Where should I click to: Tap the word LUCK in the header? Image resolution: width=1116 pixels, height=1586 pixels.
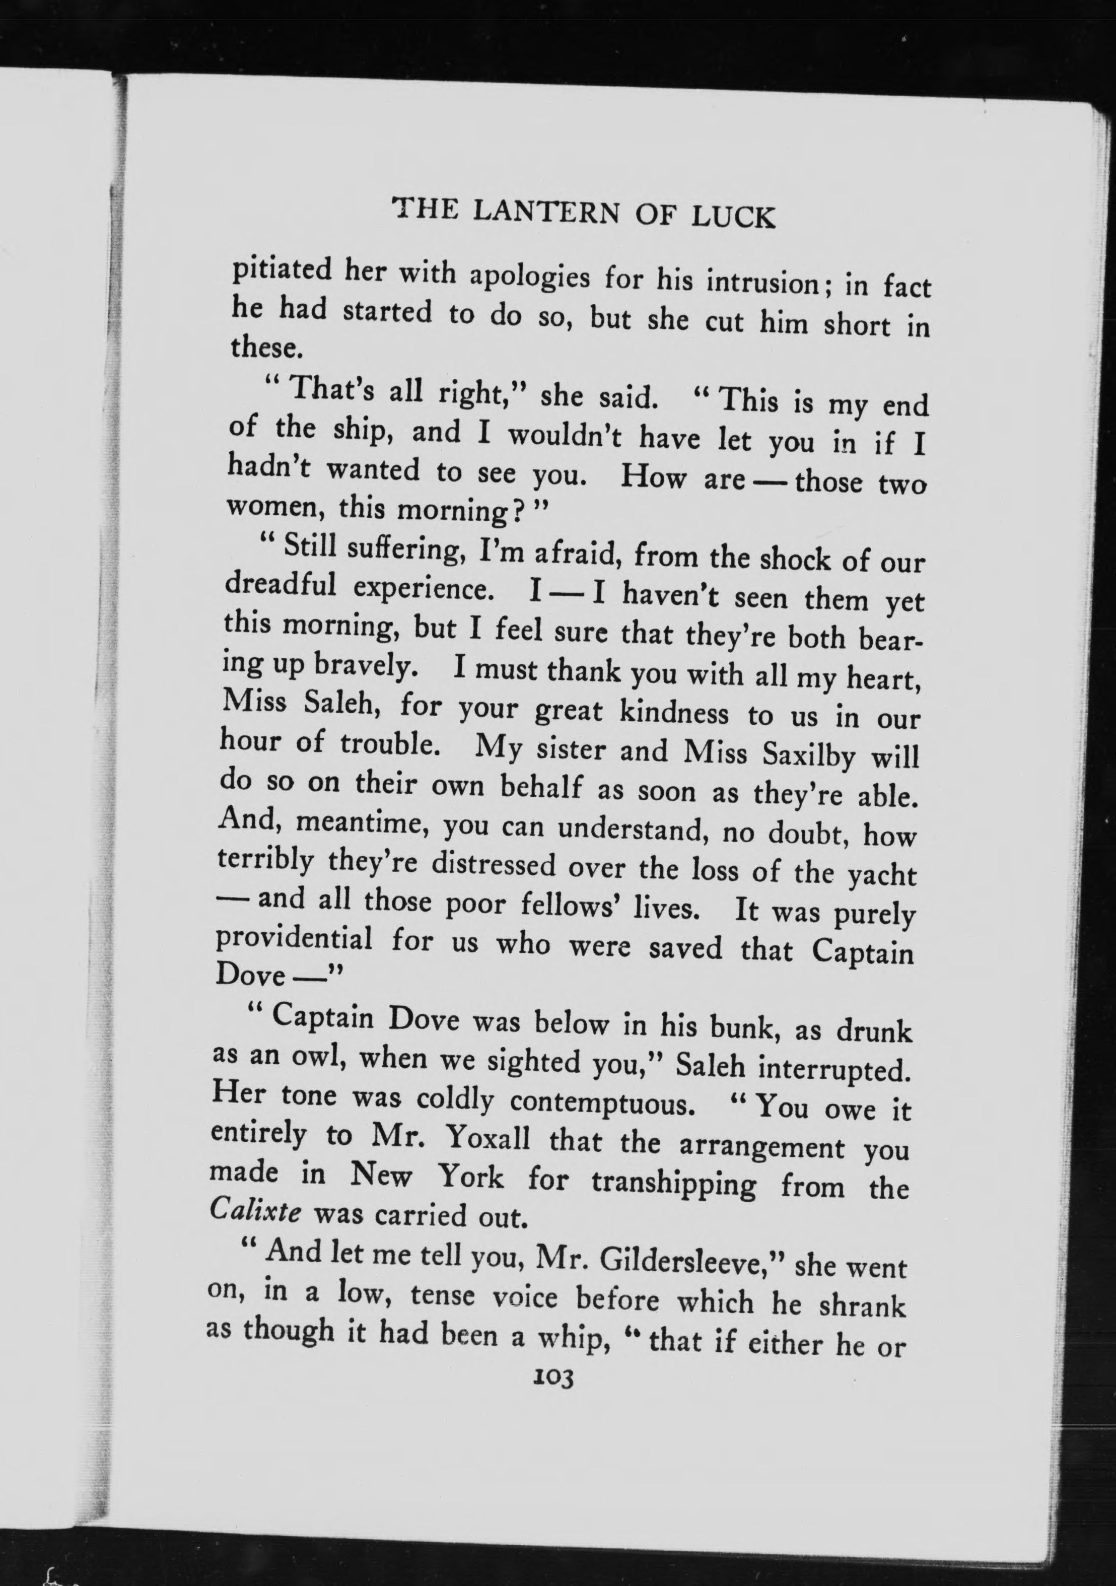733,218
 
